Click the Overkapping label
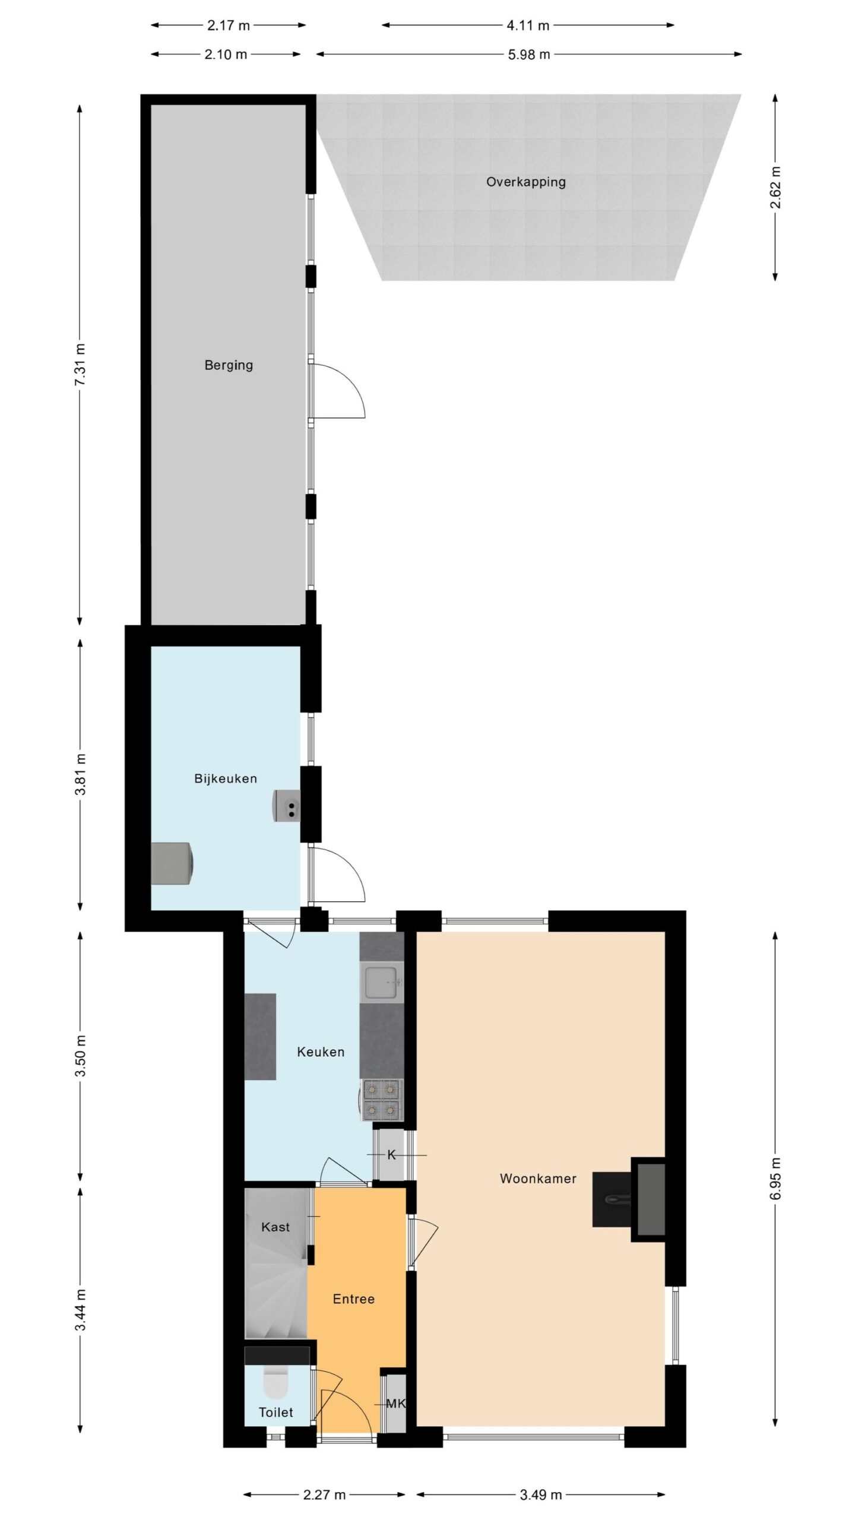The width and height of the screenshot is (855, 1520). pos(525,182)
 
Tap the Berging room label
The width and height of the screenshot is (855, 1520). pos(229,365)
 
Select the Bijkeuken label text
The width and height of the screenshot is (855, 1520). pos(226,779)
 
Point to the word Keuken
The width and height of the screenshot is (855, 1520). pos(321,1052)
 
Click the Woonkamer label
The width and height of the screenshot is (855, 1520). pos(538,1179)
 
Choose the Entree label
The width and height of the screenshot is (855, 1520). pos(354,1299)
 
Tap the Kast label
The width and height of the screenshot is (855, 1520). pos(275,1227)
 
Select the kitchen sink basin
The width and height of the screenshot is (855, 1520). pos(382,983)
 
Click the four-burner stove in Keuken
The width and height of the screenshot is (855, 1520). pos(382,1100)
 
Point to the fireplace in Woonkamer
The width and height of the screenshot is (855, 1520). pos(629,1199)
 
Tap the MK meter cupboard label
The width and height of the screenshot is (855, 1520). pos(396,1404)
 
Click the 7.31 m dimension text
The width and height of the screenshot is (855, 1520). pos(80,365)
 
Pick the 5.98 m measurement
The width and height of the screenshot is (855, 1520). pos(529,55)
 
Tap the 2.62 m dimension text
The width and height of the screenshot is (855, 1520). pos(775,187)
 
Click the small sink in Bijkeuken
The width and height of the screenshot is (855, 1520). pos(287,806)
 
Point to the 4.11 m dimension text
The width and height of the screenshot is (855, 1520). pos(528,26)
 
